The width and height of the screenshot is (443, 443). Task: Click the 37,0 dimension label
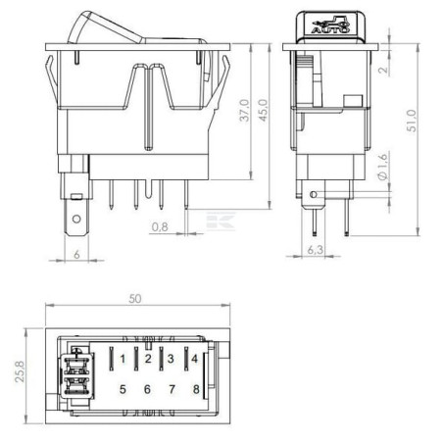244,111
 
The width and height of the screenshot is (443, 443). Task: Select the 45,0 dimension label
263,111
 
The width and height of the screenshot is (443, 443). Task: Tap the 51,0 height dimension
412,121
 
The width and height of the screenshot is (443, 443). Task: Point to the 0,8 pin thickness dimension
160,226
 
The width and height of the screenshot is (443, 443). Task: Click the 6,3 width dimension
316,250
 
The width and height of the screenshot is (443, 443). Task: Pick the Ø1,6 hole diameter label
382,166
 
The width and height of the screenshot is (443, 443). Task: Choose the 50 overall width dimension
135,299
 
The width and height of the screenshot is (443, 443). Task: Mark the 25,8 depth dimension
20,371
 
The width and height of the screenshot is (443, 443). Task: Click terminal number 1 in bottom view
123,359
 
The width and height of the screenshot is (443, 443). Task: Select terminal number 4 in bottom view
195,359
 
